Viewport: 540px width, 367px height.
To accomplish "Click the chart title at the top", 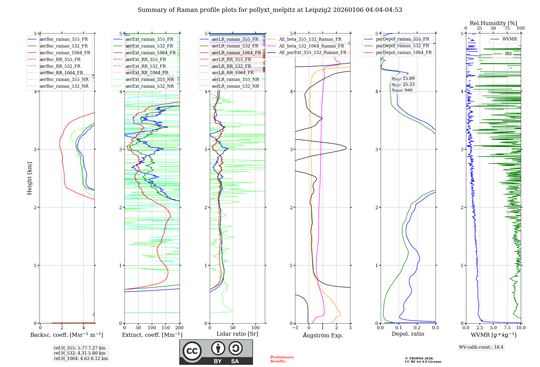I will point(270,10).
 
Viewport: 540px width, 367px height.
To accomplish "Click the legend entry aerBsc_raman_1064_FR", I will point(65,53).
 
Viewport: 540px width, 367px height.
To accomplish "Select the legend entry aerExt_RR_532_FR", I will point(146,66).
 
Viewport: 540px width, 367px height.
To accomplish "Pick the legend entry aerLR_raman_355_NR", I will point(235,79).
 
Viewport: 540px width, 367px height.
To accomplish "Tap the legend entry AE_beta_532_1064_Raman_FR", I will point(311,46).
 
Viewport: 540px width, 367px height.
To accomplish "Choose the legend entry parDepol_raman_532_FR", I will point(402,46).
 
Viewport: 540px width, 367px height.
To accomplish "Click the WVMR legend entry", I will point(509,39).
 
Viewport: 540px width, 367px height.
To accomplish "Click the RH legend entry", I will point(508,54).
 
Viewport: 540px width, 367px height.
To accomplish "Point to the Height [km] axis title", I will point(29,178).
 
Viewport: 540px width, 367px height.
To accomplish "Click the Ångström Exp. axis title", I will point(323,335).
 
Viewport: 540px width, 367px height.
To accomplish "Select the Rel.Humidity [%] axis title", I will point(493,23).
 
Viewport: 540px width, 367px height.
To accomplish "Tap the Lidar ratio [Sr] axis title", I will point(237,334).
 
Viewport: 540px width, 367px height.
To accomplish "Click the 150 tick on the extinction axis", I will point(166,328).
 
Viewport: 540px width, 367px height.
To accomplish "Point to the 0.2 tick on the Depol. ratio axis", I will point(417,328).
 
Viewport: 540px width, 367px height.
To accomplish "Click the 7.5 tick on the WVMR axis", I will point(507,328).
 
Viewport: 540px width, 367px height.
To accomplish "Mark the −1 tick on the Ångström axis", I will point(295,328).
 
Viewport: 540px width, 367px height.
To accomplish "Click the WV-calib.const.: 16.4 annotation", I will point(481,347).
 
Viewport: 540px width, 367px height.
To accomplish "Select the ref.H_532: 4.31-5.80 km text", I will point(80,353).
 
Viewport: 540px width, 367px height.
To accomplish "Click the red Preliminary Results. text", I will point(282,359).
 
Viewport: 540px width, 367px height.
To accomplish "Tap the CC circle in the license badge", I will point(192,351).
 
